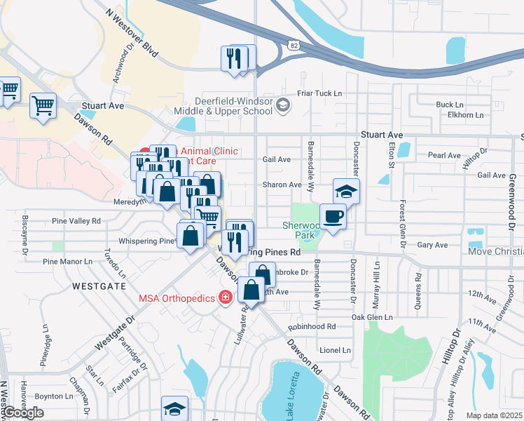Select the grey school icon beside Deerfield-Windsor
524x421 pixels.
[x=282, y=106]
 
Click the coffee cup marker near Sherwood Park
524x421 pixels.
[x=333, y=216]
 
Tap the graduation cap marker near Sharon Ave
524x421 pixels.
[x=346, y=192]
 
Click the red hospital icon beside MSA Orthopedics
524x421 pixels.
[x=226, y=298]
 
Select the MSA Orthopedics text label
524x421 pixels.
[x=176, y=298]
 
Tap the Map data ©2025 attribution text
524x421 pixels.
[x=495, y=415]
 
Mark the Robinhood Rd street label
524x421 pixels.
[x=312, y=326]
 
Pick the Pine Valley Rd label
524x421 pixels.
[x=76, y=220]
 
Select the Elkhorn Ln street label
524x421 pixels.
[x=451, y=114]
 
